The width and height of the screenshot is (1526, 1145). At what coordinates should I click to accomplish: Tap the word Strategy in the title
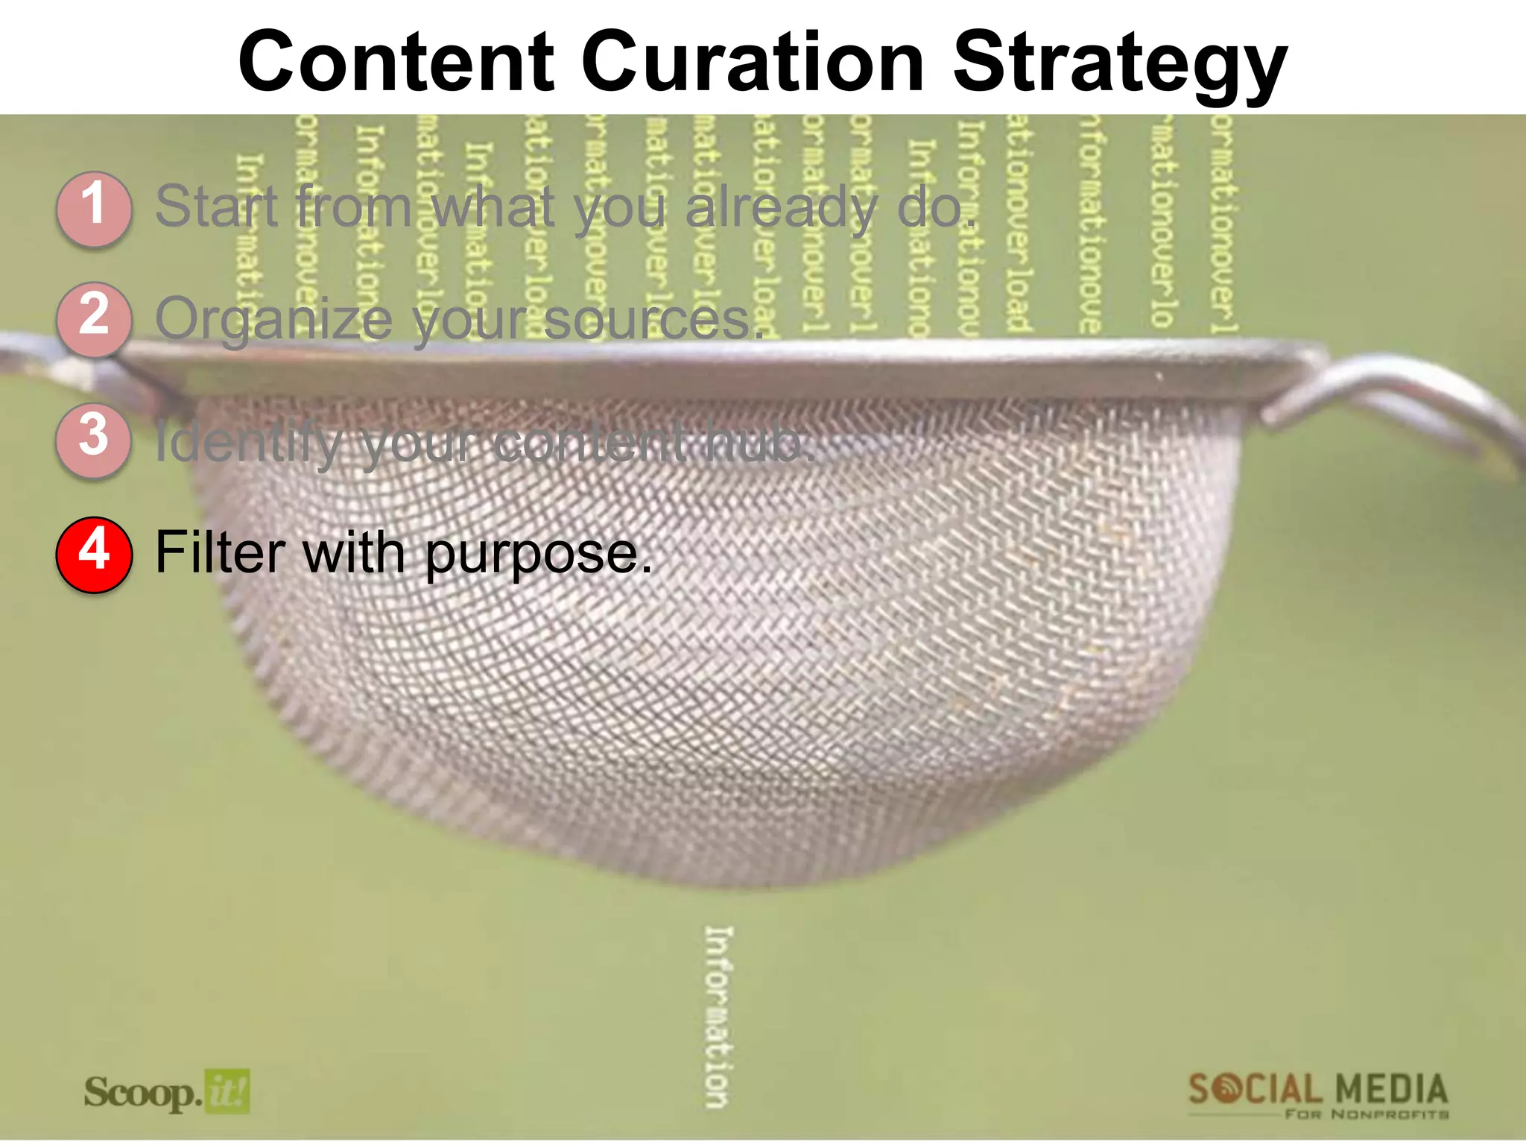tap(1120, 66)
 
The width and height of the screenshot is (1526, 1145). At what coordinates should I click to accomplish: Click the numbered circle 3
tap(94, 439)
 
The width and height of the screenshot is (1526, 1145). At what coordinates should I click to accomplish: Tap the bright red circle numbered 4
tap(94, 554)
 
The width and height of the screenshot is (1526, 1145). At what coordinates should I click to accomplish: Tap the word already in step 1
tap(782, 209)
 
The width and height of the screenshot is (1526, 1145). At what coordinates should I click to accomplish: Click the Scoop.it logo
tap(166, 1093)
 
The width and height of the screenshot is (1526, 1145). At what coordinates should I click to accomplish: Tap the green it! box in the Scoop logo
tap(227, 1092)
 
